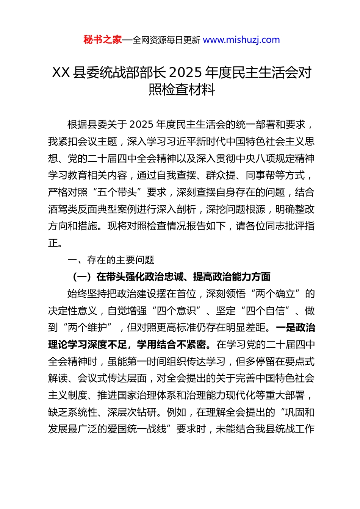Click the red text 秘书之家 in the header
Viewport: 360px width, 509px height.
pos(103,40)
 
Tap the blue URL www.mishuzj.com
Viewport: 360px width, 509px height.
pos(241,40)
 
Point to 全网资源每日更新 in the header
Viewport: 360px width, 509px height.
pos(166,40)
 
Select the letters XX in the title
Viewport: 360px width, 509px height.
pos(61,72)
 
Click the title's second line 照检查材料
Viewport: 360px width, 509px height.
pos(182,89)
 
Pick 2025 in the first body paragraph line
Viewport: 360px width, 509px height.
pos(142,125)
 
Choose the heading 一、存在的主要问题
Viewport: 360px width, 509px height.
pos(111,260)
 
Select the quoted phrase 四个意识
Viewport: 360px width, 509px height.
pos(176,311)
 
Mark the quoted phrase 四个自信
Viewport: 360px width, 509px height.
pos(266,311)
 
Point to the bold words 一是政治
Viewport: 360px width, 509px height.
pos(295,328)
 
